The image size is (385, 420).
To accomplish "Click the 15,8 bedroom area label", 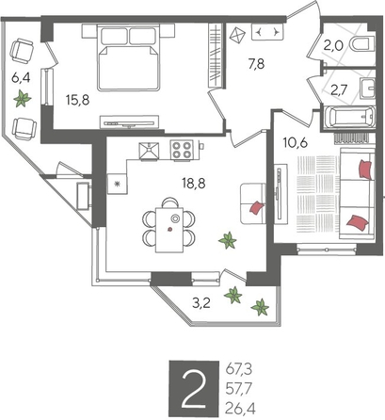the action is click(78, 100).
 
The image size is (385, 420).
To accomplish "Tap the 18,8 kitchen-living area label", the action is click(194, 183).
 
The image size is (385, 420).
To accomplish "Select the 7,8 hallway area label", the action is click(256, 64).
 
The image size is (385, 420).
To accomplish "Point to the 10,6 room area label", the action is click(296, 143).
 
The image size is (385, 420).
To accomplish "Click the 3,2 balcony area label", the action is click(201, 303).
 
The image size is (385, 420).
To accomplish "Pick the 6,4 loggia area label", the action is click(21, 77).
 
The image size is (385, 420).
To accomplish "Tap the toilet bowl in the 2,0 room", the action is click(362, 44).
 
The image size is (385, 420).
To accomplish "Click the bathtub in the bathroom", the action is click(349, 118).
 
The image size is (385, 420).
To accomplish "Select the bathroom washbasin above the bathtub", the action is click(368, 88).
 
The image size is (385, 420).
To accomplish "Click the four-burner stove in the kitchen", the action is click(182, 150).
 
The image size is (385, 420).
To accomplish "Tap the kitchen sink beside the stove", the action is click(149, 151).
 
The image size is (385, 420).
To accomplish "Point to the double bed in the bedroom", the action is click(128, 57).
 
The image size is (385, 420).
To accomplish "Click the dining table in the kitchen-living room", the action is click(169, 230).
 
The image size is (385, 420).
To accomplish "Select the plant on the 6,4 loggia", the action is click(22, 99).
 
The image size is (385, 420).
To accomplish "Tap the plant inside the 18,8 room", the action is click(228, 240).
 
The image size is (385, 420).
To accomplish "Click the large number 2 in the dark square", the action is click(194, 389).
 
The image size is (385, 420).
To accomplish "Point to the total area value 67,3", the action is click(239, 369).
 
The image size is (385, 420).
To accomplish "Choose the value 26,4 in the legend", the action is click(240, 409).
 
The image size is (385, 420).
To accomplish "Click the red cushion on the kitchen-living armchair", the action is click(257, 208).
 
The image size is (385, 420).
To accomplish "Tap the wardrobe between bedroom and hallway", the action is click(216, 56).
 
